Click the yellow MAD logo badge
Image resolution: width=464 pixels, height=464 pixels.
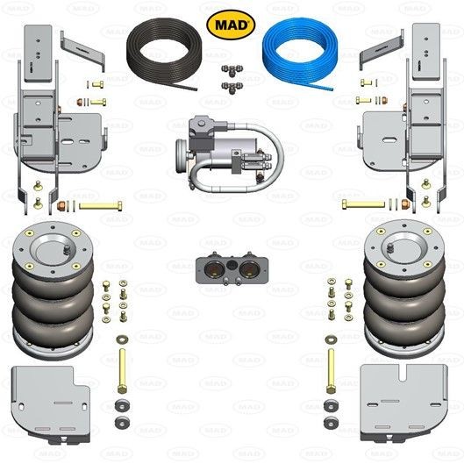coord(231,25)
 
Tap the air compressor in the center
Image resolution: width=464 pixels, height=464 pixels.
coord(228,153)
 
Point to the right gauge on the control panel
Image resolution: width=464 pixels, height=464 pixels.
coord(249,269)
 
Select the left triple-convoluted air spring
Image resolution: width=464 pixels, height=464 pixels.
coord(53,290)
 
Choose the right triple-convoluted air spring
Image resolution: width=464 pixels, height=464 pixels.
coord(404,289)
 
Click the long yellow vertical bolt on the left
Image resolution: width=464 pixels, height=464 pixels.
coord(122,371)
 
